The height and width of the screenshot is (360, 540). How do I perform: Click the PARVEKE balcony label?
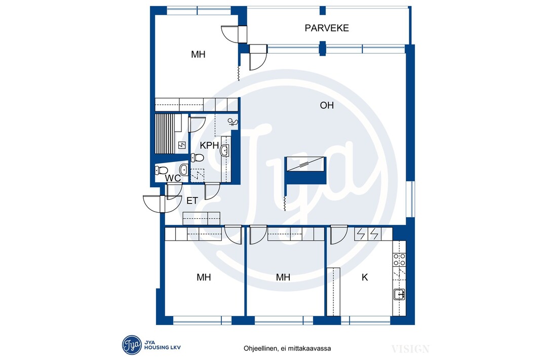point(326,28)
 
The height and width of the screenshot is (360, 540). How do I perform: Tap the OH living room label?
point(326,105)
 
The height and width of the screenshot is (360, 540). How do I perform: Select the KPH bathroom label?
point(209,145)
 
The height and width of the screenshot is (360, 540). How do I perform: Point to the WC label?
point(173,178)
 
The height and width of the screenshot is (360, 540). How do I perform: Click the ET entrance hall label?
point(192,201)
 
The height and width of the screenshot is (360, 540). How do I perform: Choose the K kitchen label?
point(365,277)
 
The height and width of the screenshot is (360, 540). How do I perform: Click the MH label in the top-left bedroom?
point(198,54)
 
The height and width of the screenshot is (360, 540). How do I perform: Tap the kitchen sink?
point(399,295)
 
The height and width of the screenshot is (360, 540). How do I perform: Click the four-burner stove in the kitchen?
point(400,260)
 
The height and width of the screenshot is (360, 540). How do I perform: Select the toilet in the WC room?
point(161,170)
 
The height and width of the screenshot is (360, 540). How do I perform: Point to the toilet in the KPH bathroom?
point(198,157)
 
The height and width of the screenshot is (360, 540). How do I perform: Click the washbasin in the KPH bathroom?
point(224,150)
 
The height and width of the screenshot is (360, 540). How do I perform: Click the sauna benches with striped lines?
point(165,134)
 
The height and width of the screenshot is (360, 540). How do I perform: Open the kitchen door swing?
point(338,234)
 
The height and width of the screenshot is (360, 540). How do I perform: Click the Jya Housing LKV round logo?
point(132,345)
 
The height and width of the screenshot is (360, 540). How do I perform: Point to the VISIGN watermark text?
point(410,349)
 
